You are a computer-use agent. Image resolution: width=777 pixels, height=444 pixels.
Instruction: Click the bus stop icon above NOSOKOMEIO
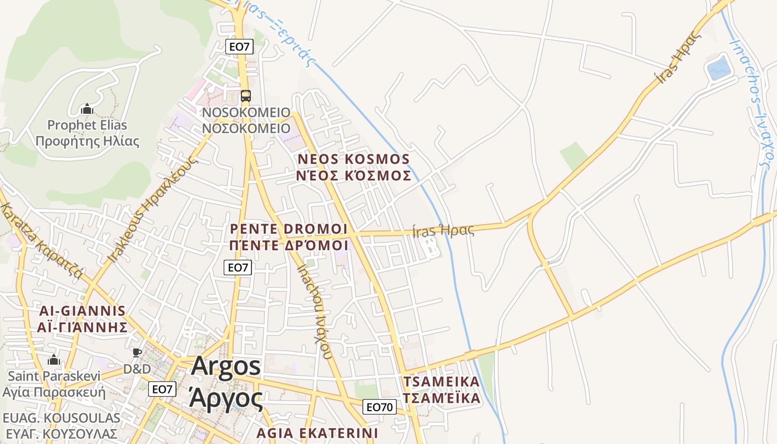(245, 96)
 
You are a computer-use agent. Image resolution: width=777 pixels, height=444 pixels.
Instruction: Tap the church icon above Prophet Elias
(86, 109)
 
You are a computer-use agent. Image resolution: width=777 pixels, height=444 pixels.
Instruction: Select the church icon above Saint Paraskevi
(53, 360)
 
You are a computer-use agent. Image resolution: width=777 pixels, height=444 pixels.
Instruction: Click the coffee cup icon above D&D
(137, 352)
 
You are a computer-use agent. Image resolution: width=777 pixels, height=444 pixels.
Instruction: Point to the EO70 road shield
(380, 407)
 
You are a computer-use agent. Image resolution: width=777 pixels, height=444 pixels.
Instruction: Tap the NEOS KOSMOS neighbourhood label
(354, 159)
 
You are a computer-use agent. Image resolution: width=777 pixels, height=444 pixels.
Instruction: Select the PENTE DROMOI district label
(289, 229)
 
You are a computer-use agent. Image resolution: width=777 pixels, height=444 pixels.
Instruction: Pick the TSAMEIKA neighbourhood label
(441, 382)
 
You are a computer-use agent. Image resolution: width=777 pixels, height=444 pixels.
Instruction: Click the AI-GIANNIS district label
(82, 310)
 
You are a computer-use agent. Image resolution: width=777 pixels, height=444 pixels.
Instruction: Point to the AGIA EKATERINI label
(317, 432)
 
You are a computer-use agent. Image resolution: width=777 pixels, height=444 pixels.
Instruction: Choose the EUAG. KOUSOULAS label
(61, 418)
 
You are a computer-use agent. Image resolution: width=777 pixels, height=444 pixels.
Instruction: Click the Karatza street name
(41, 241)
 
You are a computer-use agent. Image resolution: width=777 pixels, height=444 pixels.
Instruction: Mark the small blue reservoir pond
(718, 69)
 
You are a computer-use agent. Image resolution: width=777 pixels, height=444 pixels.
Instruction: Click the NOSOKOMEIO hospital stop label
(246, 113)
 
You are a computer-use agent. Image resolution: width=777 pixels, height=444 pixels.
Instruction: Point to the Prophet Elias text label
(87, 125)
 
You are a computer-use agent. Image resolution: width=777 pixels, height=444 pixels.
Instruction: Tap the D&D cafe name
(137, 369)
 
